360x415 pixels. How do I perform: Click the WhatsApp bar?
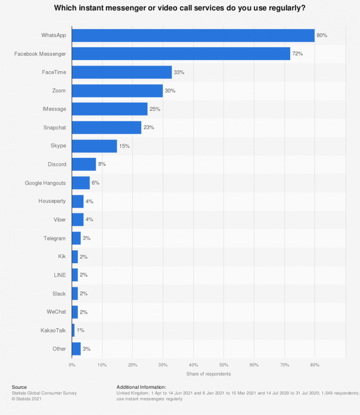tap(193, 36)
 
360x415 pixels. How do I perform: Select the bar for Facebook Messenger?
tap(181, 54)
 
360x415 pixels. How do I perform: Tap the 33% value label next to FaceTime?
tap(179, 73)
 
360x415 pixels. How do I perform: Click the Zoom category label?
tap(59, 90)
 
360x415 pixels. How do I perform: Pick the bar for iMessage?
tap(109, 109)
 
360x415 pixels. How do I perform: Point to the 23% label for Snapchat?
tap(149, 127)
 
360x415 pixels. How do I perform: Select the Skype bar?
tap(94, 146)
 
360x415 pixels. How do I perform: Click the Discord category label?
tap(57, 164)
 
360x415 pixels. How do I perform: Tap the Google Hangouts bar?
tap(81, 183)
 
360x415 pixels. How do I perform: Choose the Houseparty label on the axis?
tap(52, 201)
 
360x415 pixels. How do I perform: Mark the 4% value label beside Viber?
tap(89, 220)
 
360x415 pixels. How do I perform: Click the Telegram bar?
tap(76, 238)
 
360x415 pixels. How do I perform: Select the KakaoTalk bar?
tap(73, 330)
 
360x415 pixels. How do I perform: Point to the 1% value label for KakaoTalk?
tap(80, 330)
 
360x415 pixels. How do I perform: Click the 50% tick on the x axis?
tap(224, 364)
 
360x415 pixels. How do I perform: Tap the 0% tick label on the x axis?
tap(72, 364)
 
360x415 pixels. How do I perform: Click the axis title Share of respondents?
tap(209, 374)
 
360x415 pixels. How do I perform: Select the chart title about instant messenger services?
tap(180, 8)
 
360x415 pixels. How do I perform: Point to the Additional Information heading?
tap(141, 387)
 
